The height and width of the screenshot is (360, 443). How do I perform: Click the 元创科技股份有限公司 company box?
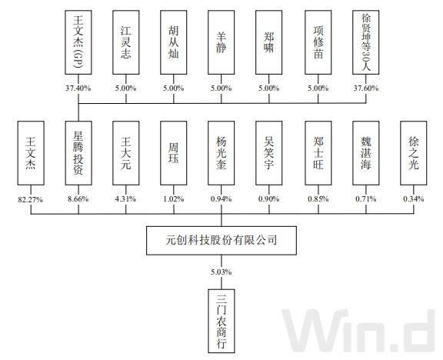(x=221, y=241)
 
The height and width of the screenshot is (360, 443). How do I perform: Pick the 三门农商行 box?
(x=221, y=318)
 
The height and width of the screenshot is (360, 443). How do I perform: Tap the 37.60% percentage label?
(x=366, y=88)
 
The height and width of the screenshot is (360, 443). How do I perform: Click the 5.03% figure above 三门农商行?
(x=221, y=271)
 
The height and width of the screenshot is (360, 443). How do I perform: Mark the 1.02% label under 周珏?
(x=175, y=199)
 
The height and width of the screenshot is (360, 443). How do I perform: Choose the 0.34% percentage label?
(x=414, y=199)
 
